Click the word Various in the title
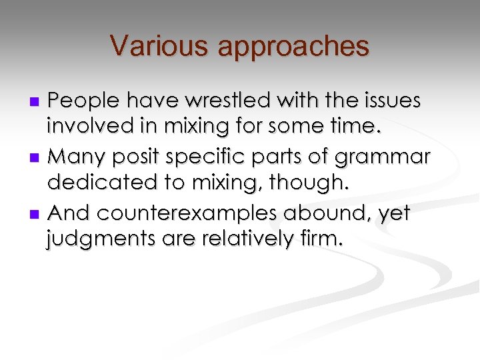(x=149, y=46)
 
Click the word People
(x=85, y=101)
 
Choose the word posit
(x=148, y=157)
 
